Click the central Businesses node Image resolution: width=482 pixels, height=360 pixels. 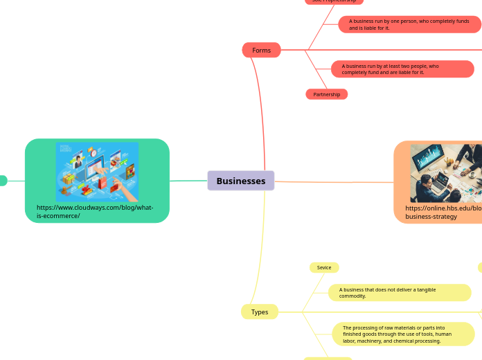240,181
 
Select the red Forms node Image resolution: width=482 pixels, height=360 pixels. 261,50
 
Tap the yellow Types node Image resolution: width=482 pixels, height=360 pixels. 260,312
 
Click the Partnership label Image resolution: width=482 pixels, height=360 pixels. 326,94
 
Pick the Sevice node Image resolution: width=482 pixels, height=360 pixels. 323,267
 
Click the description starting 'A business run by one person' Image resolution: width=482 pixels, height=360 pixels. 409,25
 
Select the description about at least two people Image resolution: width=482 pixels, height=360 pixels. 402,69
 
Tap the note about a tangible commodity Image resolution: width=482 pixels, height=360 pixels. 400,293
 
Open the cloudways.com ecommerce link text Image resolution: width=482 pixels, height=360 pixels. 95,211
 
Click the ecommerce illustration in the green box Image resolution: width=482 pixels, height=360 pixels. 97,172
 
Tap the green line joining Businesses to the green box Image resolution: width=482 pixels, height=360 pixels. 188,181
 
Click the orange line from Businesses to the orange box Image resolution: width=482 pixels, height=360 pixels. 332,182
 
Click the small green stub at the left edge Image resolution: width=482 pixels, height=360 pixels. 3,181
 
